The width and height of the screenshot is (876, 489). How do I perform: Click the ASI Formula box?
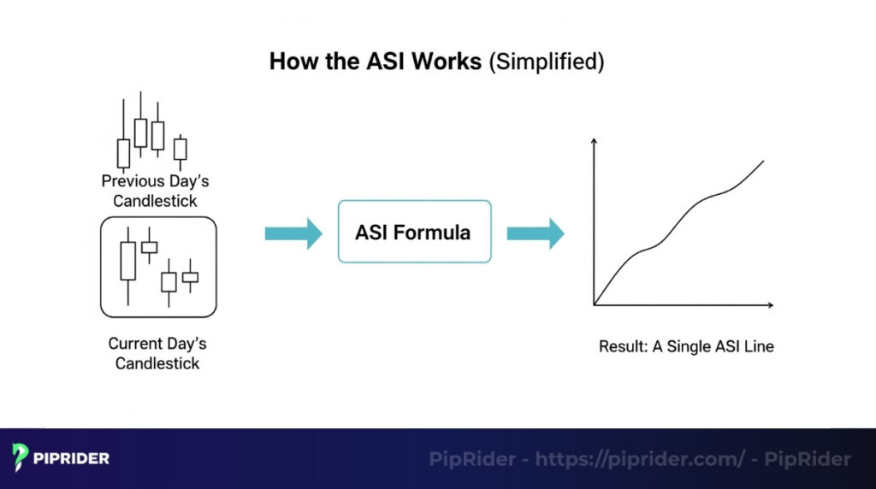[x=415, y=232]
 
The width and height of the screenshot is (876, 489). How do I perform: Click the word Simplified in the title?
[x=546, y=62]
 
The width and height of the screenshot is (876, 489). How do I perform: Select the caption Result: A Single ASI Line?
[x=686, y=347]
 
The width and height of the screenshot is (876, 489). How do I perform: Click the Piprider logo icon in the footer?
[x=21, y=458]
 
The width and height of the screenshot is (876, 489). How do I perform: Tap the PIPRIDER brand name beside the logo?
[x=72, y=459]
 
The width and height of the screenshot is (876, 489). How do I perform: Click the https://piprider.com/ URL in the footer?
[x=640, y=459]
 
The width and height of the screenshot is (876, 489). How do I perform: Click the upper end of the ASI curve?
[x=762, y=161]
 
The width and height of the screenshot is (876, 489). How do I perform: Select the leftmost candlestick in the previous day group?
[x=123, y=152]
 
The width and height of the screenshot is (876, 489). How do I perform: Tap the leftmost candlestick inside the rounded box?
[x=128, y=261]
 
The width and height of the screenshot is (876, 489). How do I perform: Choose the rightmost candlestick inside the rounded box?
[x=190, y=276]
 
